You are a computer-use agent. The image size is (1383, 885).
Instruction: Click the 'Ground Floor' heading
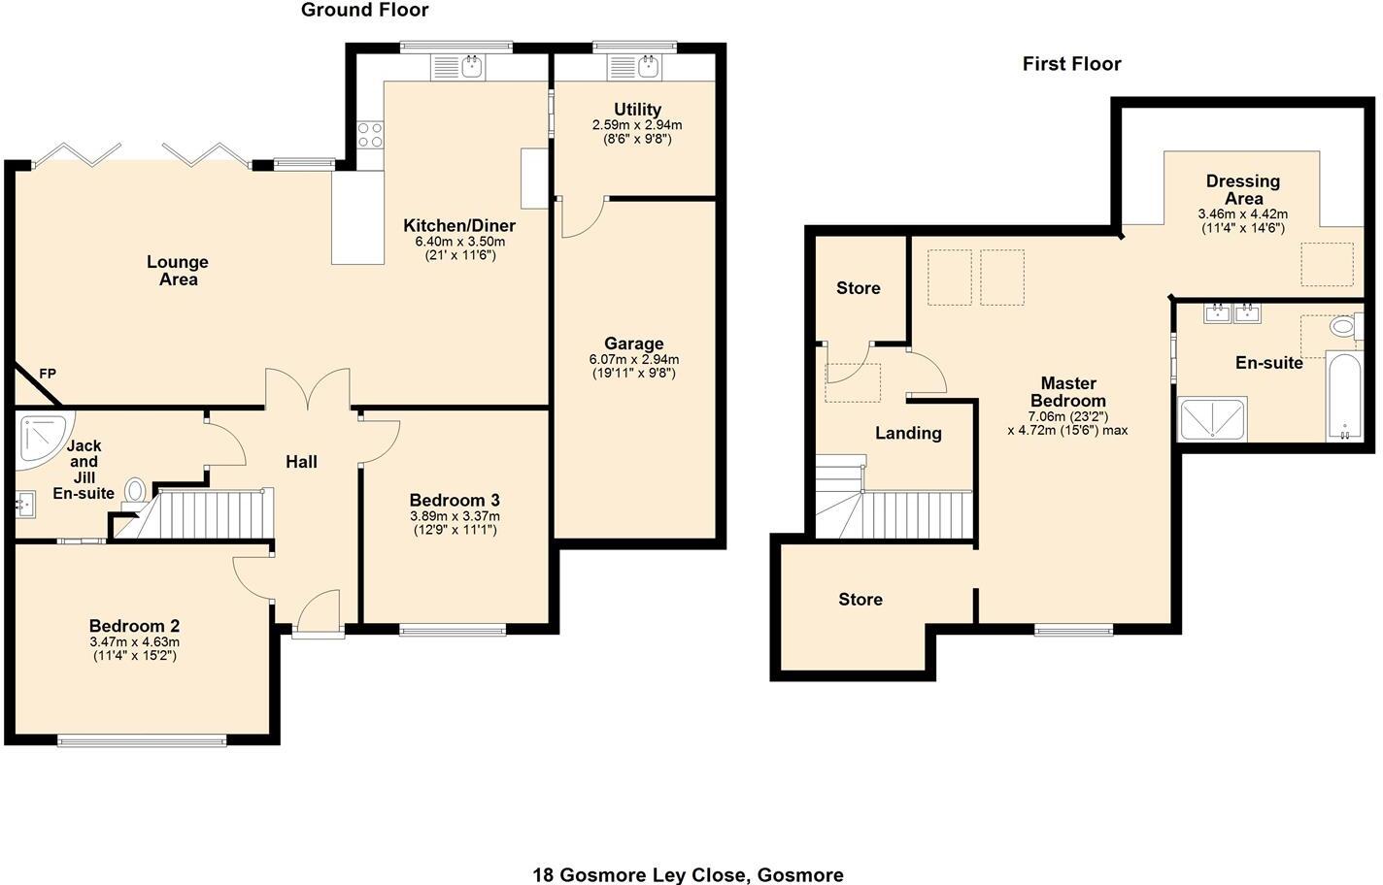click(x=364, y=10)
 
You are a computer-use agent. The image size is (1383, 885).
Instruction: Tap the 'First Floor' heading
click(x=1071, y=63)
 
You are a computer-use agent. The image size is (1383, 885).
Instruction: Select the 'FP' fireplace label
click(x=48, y=374)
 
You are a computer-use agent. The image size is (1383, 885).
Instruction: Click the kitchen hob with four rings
click(x=370, y=135)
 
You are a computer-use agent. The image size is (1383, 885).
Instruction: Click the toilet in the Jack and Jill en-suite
click(x=135, y=492)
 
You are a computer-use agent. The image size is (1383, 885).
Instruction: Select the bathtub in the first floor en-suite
click(x=1344, y=396)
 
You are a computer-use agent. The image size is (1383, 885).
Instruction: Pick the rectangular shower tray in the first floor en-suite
click(x=1212, y=419)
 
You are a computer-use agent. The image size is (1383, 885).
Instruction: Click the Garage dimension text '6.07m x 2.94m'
click(x=634, y=359)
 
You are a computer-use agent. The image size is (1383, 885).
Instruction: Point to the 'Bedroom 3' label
click(x=455, y=500)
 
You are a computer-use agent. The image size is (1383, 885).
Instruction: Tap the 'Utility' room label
click(x=637, y=109)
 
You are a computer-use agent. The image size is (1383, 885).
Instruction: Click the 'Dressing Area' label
click(x=1243, y=190)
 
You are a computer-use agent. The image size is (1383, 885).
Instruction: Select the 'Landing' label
click(x=908, y=434)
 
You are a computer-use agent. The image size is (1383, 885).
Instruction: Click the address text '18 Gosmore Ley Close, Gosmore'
click(x=688, y=874)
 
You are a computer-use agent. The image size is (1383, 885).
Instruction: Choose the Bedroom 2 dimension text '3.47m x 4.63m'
click(x=135, y=642)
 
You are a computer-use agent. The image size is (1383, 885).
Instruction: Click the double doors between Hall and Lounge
click(x=308, y=389)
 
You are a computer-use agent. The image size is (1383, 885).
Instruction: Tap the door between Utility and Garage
click(x=582, y=217)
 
